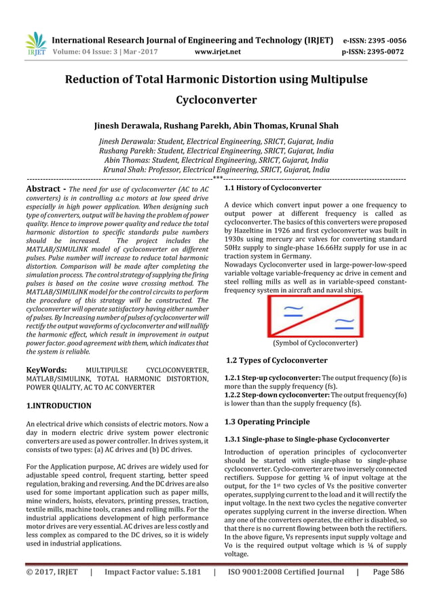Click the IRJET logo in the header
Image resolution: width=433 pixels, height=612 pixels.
coord(35,44)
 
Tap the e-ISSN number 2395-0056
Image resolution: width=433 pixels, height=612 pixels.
coord(388,40)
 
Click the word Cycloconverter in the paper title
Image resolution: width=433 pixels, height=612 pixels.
coord(216,100)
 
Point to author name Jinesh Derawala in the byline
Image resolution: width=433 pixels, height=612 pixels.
coord(130,126)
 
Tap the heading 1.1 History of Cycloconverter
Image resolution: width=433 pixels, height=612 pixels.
coord(272,187)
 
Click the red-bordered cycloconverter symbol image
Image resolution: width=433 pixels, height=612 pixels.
coord(314,316)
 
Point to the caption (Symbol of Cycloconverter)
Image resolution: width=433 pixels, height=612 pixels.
coord(314,343)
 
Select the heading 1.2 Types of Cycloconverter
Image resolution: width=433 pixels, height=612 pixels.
coord(276,360)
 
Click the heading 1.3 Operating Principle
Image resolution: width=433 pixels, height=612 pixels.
coord(267,422)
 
